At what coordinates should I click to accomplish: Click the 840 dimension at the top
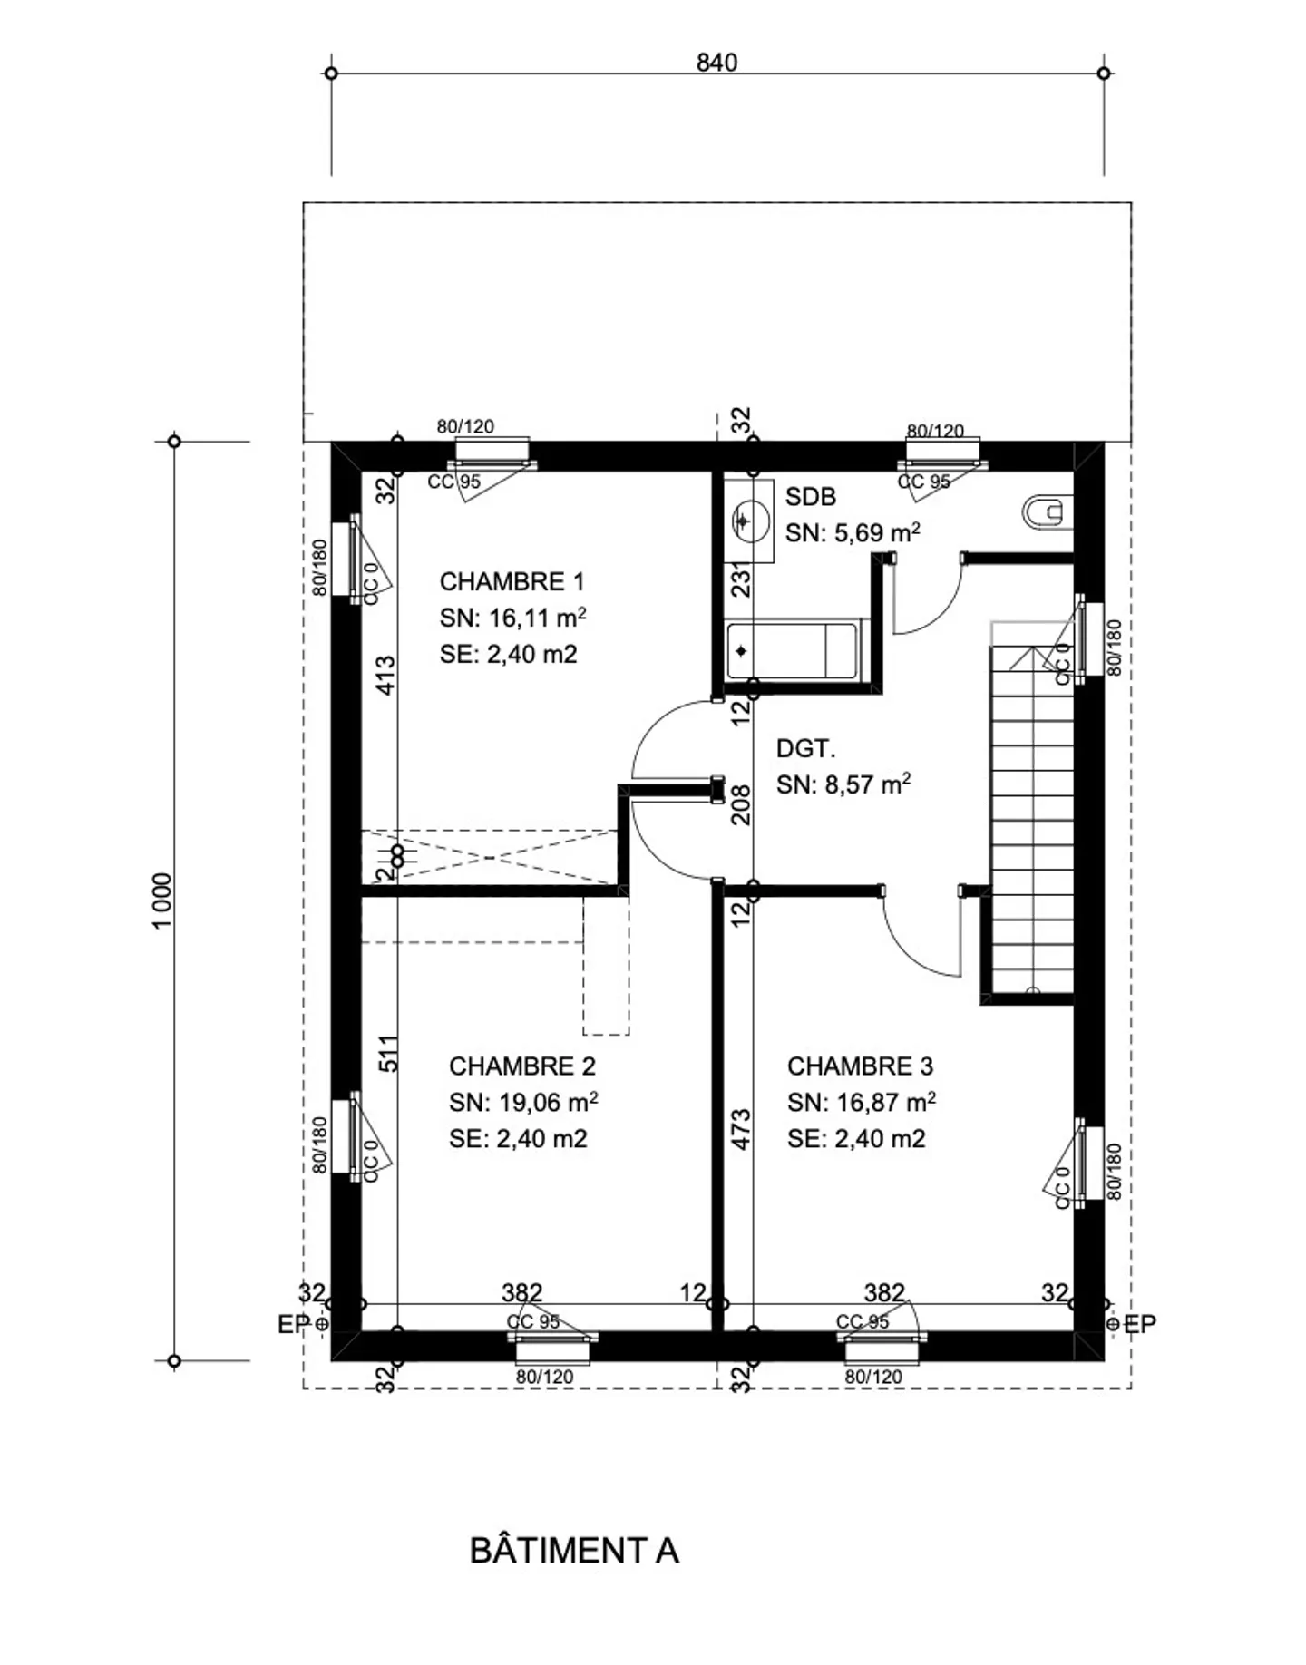pyautogui.click(x=716, y=63)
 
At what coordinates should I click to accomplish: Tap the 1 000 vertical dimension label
pyautogui.click(x=161, y=900)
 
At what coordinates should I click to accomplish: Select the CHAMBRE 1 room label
pyautogui.click(x=512, y=581)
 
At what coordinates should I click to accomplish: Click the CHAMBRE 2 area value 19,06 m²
pyautogui.click(x=522, y=1103)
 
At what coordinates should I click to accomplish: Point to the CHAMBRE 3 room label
pyautogui.click(x=860, y=1066)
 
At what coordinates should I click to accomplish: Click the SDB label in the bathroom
pyautogui.click(x=810, y=497)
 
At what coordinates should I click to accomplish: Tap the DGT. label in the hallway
pyautogui.click(x=805, y=749)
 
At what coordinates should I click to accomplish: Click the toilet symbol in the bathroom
pyautogui.click(x=1046, y=512)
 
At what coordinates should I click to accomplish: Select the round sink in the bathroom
pyautogui.click(x=749, y=521)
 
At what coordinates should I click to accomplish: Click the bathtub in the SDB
pyautogui.click(x=791, y=650)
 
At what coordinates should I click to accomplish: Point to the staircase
pyautogui.click(x=1032, y=816)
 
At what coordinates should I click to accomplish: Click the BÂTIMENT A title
pyautogui.click(x=574, y=1550)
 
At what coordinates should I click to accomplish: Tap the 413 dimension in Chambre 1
pyautogui.click(x=385, y=676)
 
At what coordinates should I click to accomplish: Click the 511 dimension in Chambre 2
pyautogui.click(x=387, y=1054)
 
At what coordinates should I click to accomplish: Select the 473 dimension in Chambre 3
pyautogui.click(x=741, y=1129)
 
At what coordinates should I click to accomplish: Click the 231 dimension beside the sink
pyautogui.click(x=741, y=581)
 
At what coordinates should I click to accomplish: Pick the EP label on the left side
pyautogui.click(x=293, y=1325)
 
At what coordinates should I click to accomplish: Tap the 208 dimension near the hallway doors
pyautogui.click(x=741, y=804)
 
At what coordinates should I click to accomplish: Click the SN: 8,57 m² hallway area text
pyautogui.click(x=843, y=784)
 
